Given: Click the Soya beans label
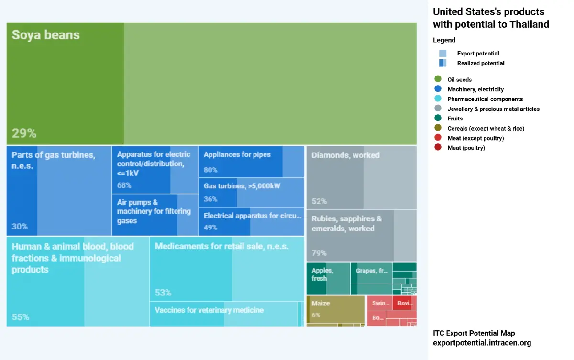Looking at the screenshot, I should click(x=45, y=35).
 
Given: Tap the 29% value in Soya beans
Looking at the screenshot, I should click(x=24, y=133).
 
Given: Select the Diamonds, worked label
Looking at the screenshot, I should click(x=345, y=155).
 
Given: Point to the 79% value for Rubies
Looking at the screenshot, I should click(x=319, y=253).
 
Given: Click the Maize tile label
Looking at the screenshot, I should click(x=320, y=304).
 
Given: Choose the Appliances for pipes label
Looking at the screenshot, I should click(x=237, y=155).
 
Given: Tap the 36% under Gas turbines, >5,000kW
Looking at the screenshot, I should click(x=210, y=199).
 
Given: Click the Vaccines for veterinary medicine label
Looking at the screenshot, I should click(x=209, y=310).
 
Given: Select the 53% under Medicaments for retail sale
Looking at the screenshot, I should click(x=163, y=293).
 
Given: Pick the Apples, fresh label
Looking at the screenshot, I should click(x=322, y=274).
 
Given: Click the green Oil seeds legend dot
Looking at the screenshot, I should click(x=438, y=80).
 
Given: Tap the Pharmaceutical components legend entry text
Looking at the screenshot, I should click(x=485, y=99).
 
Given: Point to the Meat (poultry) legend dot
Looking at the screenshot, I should click(x=438, y=148).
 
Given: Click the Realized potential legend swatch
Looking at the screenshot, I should click(x=442, y=63).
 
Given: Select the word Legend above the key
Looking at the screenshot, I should click(x=444, y=40).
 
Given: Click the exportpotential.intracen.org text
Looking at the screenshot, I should click(x=482, y=343).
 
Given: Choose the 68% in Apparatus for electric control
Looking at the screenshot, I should click(x=124, y=185).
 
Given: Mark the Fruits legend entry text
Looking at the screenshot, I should click(x=455, y=119).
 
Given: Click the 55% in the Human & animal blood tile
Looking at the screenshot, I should click(x=21, y=317).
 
